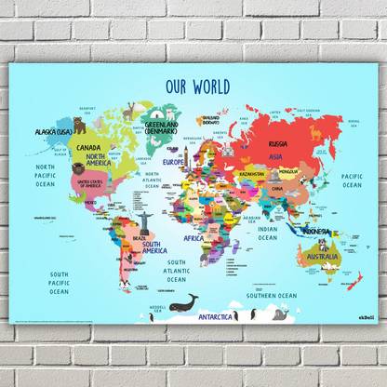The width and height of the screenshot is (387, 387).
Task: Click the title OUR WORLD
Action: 196,85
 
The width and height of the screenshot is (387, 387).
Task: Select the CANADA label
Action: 89,148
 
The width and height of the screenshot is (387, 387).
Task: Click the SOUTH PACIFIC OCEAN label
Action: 59,283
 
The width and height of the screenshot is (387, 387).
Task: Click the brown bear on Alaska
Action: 66,126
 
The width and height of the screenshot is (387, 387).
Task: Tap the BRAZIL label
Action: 139,239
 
